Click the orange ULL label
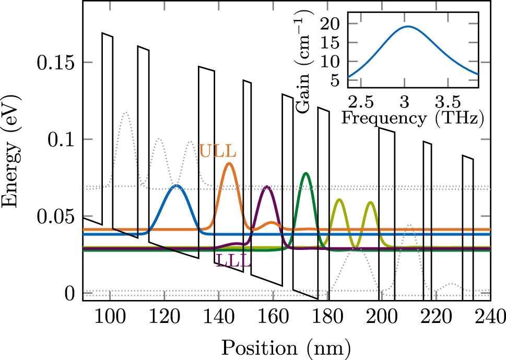(218, 151)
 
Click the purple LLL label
(233, 262)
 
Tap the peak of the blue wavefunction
(176, 186)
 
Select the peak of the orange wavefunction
(229, 163)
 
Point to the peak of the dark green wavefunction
(306, 173)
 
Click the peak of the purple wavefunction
(267, 186)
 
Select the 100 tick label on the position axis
(110, 316)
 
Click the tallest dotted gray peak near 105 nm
(125, 112)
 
